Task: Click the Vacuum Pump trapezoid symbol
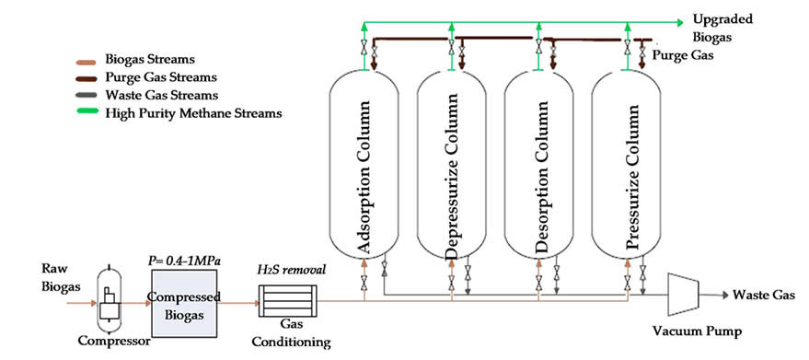[x=683, y=295]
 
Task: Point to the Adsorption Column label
[x=364, y=177]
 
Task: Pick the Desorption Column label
[x=539, y=177]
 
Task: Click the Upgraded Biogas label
[x=722, y=29]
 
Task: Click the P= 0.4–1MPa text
[x=185, y=261]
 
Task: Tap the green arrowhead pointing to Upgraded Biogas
[x=681, y=23]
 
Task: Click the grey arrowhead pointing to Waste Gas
[x=725, y=295]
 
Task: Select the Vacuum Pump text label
[x=698, y=331]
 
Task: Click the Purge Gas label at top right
[x=684, y=54]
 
